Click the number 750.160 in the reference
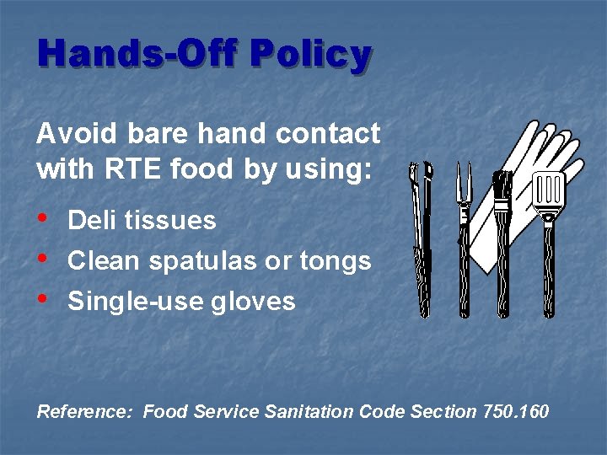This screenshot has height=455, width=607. (x=515, y=412)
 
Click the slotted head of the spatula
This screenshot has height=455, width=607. (x=549, y=193)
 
